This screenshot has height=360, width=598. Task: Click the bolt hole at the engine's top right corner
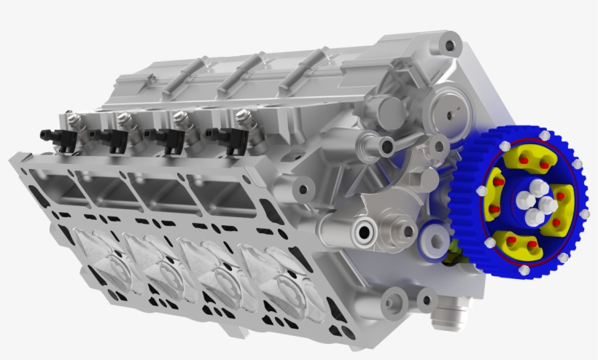450,47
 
